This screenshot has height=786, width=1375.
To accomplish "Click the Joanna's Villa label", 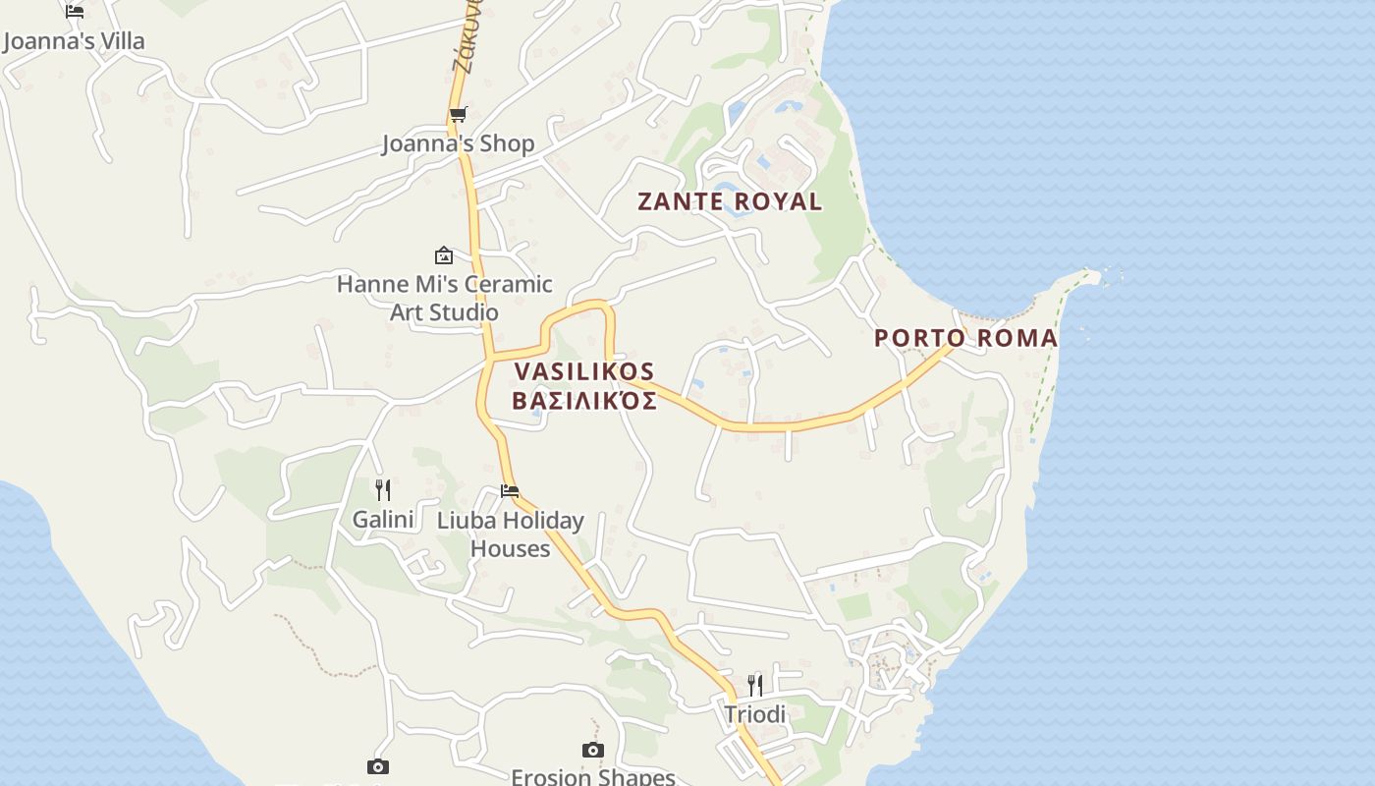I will (x=74, y=41).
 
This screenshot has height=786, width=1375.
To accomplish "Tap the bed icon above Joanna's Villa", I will (x=75, y=12).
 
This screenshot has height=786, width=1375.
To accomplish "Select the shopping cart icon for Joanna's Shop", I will (x=458, y=115).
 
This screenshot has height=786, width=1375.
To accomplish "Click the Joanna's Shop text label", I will (x=458, y=143).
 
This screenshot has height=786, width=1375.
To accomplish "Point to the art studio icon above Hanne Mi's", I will (x=444, y=255).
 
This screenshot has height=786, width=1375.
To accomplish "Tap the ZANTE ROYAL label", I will (x=730, y=201).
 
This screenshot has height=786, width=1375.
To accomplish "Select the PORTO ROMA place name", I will (x=965, y=338).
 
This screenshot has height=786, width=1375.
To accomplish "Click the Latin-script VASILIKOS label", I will (x=583, y=371).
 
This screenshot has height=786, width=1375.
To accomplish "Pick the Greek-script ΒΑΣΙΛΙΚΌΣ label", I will (x=584, y=401).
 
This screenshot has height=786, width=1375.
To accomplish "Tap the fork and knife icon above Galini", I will (x=383, y=489).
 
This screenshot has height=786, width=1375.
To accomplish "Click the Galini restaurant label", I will (x=383, y=519).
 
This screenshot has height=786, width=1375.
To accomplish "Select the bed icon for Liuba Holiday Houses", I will (x=510, y=491).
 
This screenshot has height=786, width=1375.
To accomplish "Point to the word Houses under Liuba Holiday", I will (x=510, y=548).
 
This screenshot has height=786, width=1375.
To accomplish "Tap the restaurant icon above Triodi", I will (x=755, y=685).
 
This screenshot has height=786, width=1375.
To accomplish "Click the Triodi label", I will (x=755, y=714).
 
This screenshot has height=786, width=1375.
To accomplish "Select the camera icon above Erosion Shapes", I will (x=592, y=751).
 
